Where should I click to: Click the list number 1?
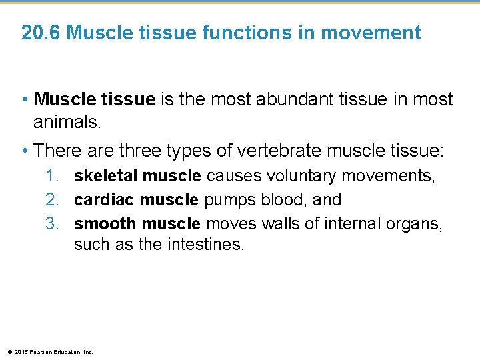click(x=53, y=176)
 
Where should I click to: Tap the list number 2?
click(x=53, y=199)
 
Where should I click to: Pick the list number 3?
click(x=53, y=223)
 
